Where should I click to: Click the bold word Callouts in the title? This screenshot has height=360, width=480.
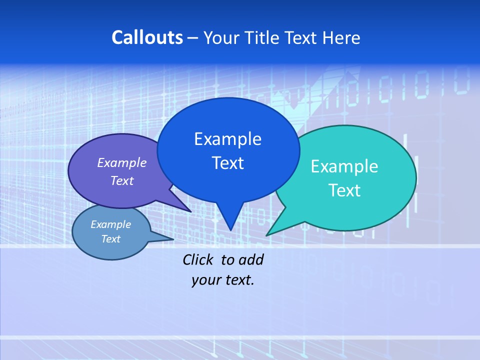coord(147,37)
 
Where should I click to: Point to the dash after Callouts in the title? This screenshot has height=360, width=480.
coord(193,38)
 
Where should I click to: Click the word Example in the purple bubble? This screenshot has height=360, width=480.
coord(121,162)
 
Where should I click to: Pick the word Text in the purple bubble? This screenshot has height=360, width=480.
coord(121,180)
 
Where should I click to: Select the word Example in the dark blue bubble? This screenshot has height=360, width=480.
coord(227,139)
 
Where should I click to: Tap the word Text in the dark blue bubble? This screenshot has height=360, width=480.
coord(227,163)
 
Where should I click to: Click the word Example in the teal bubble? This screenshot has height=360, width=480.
coord(344,166)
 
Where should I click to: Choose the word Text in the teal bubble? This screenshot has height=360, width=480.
coord(344,190)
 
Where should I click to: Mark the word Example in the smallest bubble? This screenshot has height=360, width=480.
coord(110,224)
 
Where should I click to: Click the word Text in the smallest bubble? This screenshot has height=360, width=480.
coord(110,239)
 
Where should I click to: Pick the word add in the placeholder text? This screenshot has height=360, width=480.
coord(251,259)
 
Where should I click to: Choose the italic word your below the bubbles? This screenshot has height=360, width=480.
coord(205,280)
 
